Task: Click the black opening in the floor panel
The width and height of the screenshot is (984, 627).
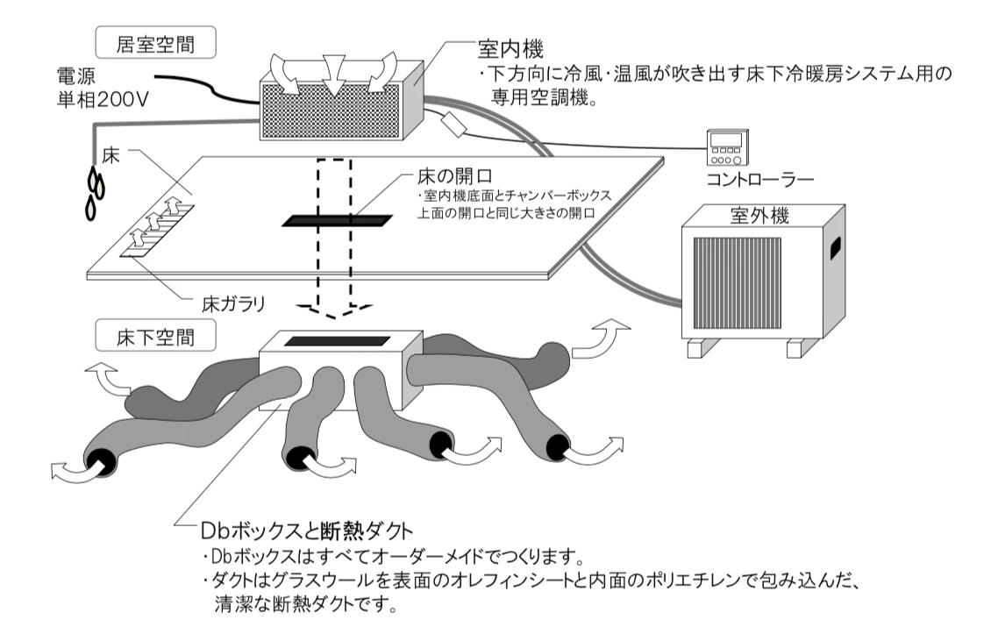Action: pyautogui.click(x=334, y=219)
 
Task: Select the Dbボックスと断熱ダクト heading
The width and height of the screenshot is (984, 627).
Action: pyautogui.click(x=296, y=532)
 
